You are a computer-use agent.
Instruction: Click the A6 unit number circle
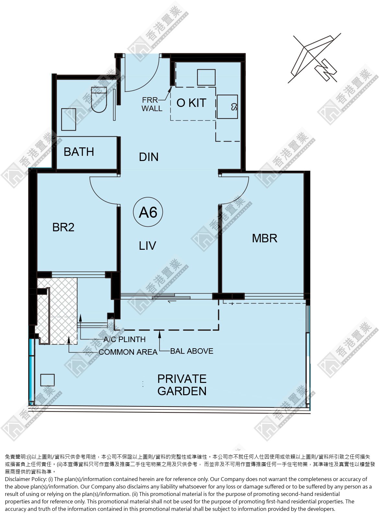[x=148, y=212]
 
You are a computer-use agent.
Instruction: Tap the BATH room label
[x=79, y=152]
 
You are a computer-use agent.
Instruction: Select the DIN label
[x=148, y=157]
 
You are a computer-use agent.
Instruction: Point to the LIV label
[x=148, y=246]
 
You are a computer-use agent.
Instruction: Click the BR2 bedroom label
[x=63, y=227]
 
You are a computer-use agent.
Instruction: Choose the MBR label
[x=265, y=238]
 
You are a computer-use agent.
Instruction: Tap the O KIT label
[x=191, y=103]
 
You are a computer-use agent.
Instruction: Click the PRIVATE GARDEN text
[x=182, y=385]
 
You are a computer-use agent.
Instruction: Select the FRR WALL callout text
[x=151, y=104]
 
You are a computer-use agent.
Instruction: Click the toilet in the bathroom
[x=99, y=100]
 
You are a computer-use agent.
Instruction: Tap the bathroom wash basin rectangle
[x=69, y=120]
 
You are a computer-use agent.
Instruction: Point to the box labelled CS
[x=227, y=107]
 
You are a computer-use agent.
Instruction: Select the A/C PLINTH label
[x=124, y=339]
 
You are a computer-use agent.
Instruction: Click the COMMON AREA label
[x=128, y=352]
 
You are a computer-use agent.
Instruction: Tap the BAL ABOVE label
[x=192, y=351]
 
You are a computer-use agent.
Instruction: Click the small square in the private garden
[x=47, y=380]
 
